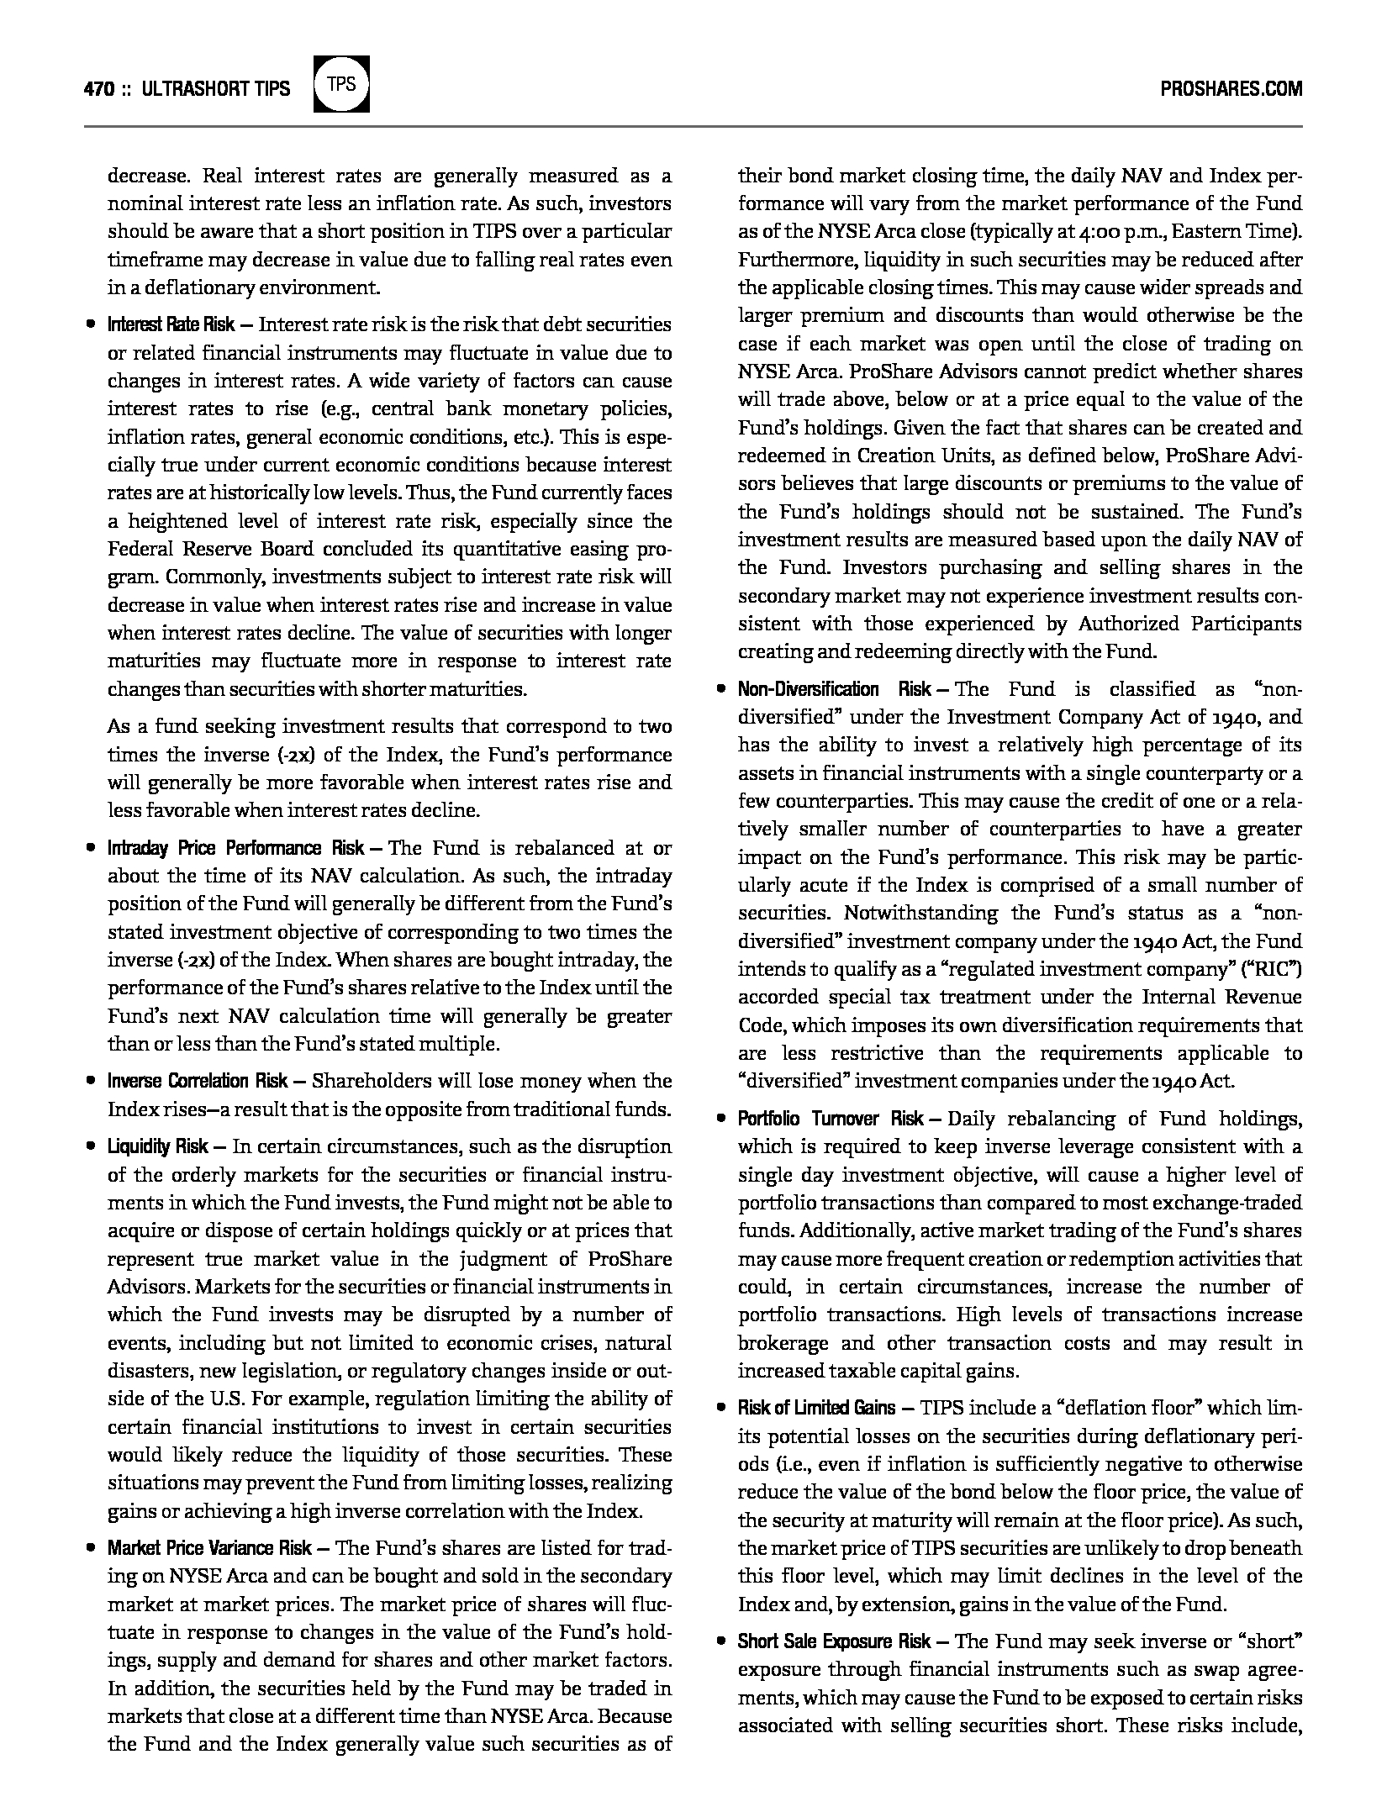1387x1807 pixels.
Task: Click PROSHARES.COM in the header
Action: (1231, 89)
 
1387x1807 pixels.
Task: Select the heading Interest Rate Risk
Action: (171, 325)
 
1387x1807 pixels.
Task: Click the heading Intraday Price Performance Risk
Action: (236, 848)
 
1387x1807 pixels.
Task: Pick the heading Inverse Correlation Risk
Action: (198, 1081)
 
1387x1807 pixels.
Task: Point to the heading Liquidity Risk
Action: (157, 1146)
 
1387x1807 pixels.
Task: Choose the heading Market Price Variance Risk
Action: (209, 1548)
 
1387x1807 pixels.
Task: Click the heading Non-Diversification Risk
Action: (834, 690)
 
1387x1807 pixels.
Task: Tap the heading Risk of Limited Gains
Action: (816, 1408)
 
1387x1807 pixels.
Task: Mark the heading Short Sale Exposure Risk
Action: (834, 1641)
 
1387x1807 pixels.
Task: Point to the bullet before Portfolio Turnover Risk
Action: (720, 1119)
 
